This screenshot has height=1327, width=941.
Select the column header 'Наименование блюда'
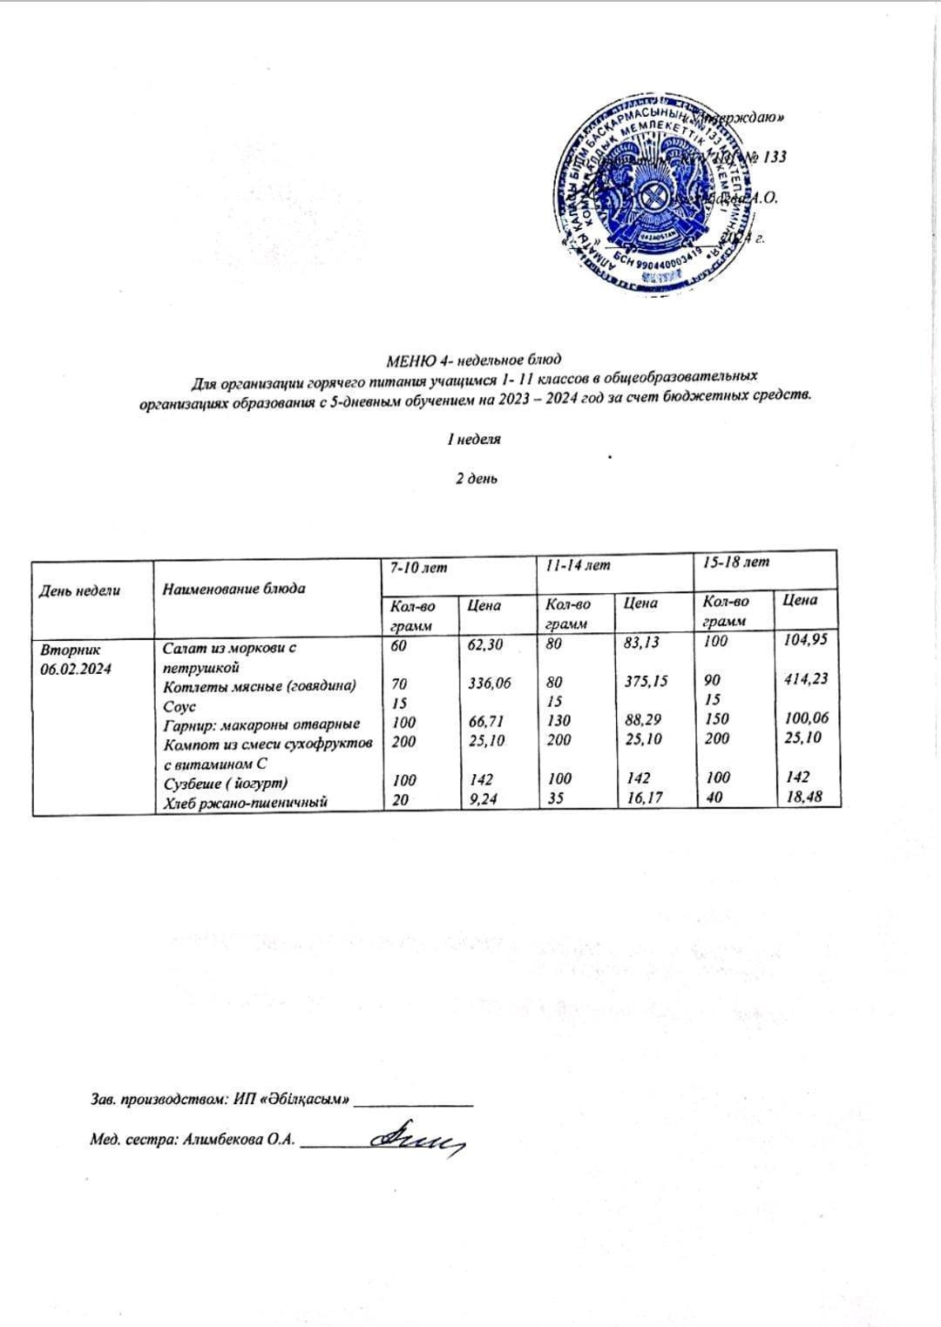pos(234,589)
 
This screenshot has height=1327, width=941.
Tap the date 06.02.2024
pos(76,669)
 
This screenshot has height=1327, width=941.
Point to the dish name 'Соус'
pos(179,706)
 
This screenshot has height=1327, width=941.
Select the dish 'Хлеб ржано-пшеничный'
pos(245,803)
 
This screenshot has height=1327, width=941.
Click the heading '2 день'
pos(477,478)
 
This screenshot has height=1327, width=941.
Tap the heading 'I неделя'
pos(474,440)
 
